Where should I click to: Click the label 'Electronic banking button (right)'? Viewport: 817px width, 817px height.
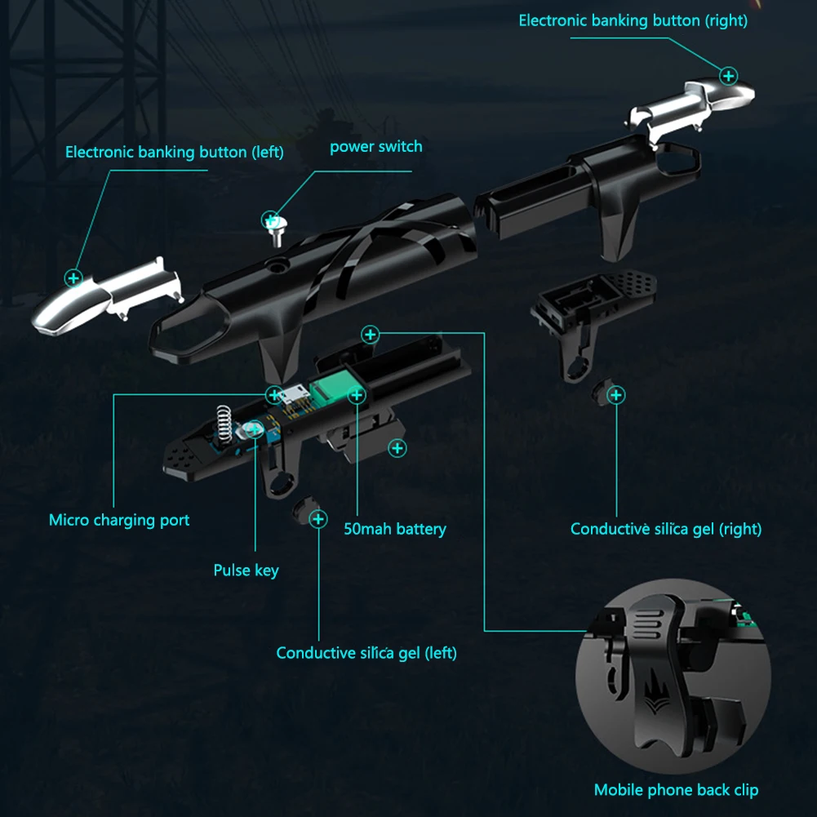633,21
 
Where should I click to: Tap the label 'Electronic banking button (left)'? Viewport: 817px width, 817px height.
175,152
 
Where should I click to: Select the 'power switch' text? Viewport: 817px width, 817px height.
376,147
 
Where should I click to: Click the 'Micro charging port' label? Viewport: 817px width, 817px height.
119,520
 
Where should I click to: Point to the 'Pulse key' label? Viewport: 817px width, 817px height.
246,571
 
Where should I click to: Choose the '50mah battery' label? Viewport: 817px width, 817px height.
395,529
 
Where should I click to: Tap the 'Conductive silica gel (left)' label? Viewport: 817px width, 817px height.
366,653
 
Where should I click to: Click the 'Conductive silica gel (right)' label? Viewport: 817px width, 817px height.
666,529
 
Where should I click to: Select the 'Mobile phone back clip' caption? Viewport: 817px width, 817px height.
677,790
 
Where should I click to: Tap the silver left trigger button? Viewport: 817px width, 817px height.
107,296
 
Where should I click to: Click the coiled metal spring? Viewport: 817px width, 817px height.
224,423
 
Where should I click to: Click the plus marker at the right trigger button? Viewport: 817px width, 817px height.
728,76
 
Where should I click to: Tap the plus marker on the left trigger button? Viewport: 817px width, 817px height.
73,278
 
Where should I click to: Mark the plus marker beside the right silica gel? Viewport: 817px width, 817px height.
616,395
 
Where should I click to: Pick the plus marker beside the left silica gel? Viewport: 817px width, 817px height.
318,519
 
